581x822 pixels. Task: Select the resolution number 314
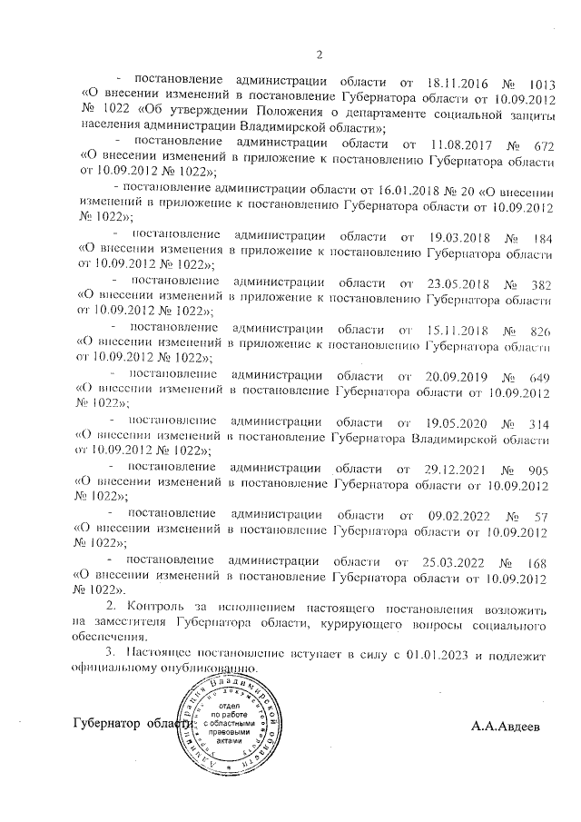click(542, 421)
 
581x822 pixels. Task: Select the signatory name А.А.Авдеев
click(509, 727)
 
